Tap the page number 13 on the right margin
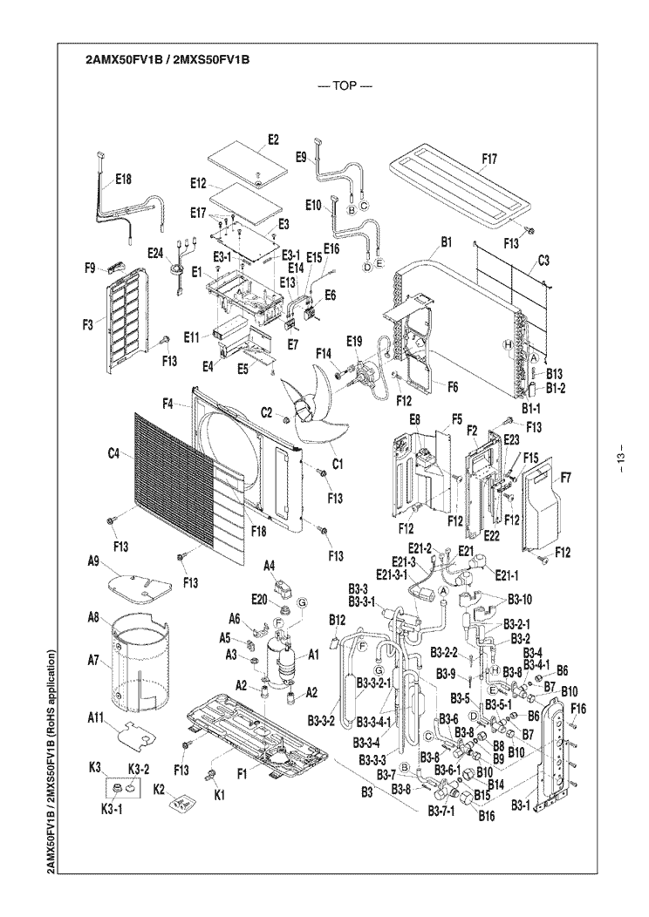(620, 458)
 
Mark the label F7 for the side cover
(566, 478)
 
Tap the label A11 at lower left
(97, 717)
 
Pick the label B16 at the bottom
(487, 815)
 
